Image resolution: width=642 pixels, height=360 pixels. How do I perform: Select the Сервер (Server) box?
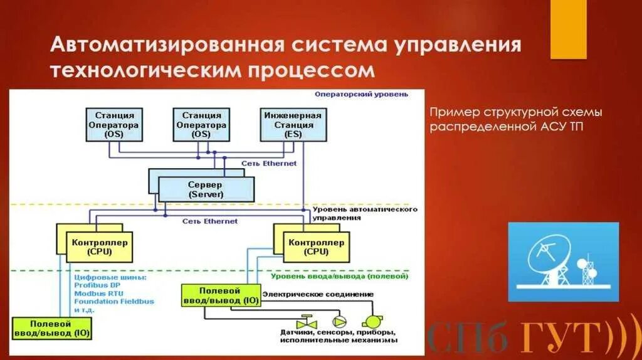coord(206,189)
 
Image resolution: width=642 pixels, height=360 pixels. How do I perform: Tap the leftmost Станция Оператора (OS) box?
coord(114,124)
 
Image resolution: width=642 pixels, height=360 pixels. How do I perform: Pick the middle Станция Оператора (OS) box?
coord(201,124)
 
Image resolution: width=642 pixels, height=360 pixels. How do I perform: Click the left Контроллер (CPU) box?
coord(100,247)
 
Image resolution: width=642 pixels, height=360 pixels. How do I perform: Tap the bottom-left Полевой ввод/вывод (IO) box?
coord(51,327)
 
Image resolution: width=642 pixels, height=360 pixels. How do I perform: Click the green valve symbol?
coord(307,317)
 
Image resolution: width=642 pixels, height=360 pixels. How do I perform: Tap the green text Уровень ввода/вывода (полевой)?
coord(339,275)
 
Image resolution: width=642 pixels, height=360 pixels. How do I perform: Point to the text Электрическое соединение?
coord(318,294)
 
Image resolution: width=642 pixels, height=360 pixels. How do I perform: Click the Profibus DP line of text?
coord(97,285)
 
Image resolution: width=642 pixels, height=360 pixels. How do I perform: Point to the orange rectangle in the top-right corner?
coord(568,29)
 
